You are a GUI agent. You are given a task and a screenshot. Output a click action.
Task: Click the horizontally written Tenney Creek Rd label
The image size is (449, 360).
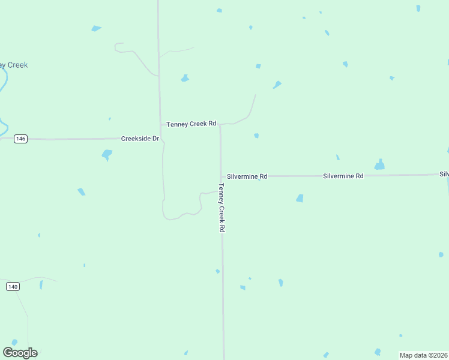[191, 124]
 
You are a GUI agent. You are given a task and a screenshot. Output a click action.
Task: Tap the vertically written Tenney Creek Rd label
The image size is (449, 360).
[221, 208]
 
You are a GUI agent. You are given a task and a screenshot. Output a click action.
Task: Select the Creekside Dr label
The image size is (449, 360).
[139, 139]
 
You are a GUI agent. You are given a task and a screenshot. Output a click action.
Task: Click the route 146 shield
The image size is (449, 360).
[21, 139]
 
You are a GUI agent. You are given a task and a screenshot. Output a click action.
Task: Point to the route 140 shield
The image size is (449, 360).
[13, 287]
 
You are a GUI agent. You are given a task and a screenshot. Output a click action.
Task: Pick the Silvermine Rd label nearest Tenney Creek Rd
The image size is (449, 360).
[247, 176]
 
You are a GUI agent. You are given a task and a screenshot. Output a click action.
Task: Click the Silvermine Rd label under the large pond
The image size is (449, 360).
[343, 176]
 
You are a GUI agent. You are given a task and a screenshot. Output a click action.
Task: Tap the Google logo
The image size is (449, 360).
[20, 353]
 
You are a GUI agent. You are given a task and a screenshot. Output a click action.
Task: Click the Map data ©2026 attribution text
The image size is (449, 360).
[423, 355]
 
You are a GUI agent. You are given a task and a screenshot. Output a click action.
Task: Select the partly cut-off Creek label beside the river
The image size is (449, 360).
[14, 65]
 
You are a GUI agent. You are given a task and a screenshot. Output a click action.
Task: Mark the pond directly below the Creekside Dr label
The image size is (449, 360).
[107, 155]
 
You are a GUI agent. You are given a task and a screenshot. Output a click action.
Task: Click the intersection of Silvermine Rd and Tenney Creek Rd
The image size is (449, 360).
[221, 176]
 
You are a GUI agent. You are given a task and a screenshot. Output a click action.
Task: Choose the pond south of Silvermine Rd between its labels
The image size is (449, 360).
[300, 198]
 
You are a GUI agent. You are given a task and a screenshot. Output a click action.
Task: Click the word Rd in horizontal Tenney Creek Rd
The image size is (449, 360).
[212, 124]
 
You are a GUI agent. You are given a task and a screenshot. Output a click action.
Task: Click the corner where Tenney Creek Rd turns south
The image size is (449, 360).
[220, 125]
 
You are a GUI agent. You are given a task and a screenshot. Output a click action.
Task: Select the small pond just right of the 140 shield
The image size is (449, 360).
[41, 285]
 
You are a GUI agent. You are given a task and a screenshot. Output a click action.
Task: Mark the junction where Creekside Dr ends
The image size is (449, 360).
[161, 139]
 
